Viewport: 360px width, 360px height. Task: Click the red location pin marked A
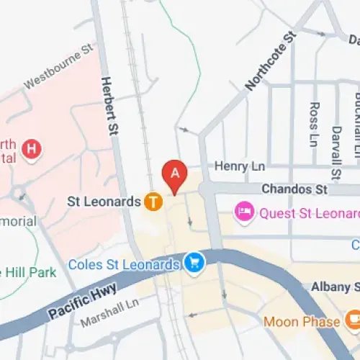174,174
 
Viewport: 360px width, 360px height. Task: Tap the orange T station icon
153,202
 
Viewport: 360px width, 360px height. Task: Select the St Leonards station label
104,202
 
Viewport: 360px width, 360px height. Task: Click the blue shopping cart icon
193,263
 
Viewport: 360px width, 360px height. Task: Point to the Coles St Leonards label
123,264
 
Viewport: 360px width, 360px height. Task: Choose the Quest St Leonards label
309,213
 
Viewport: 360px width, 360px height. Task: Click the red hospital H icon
32,149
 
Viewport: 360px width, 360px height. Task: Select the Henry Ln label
241,166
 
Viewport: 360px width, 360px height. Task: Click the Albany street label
335,287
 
